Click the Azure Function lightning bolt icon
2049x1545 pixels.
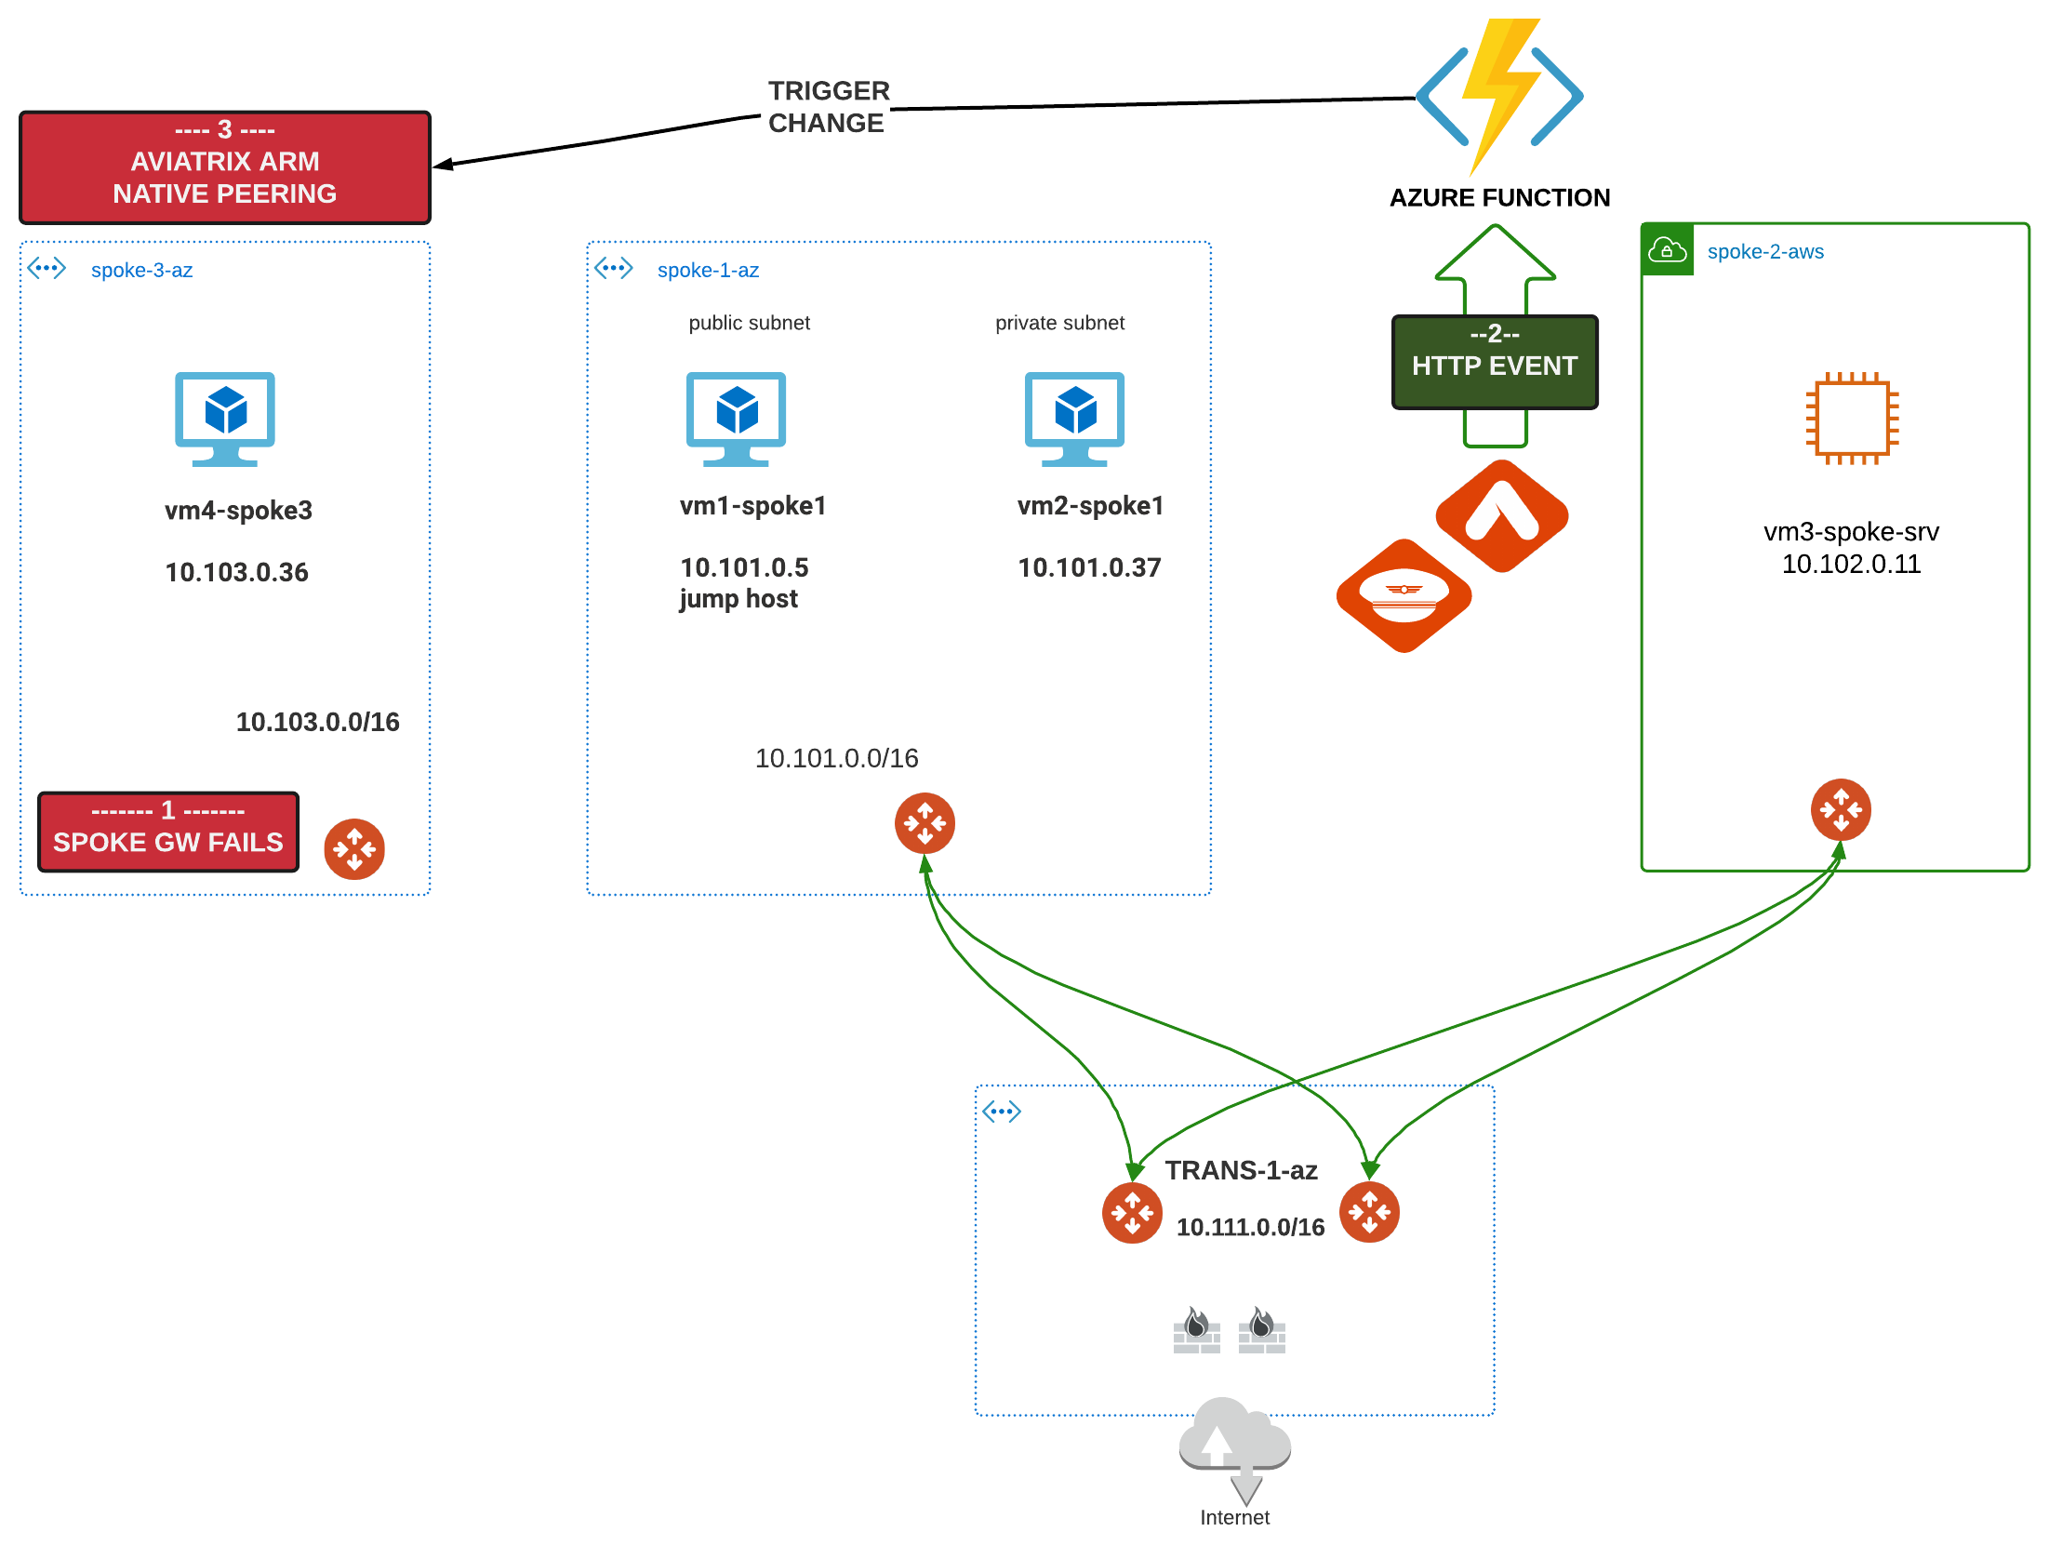[x=1499, y=97]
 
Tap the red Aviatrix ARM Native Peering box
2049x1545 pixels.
[x=225, y=167]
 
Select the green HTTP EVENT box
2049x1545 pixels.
[x=1495, y=362]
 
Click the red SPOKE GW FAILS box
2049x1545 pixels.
[x=168, y=832]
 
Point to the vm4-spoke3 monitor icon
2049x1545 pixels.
[x=225, y=419]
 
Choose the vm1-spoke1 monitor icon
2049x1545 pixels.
[x=736, y=419]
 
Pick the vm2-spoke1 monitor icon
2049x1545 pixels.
[x=1074, y=419]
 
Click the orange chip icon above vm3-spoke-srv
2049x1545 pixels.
[x=1852, y=419]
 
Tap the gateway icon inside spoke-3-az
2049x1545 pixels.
[x=354, y=849]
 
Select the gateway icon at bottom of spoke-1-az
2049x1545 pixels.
[x=925, y=823]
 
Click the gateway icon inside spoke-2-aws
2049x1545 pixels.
[x=1841, y=809]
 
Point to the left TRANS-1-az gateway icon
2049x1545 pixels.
[x=1132, y=1213]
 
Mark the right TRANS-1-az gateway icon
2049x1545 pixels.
[x=1369, y=1212]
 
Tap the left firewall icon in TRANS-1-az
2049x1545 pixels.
[x=1197, y=1330]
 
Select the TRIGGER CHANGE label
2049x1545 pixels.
[x=829, y=107]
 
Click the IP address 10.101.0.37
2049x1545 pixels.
[x=1089, y=567]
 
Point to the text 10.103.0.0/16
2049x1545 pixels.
[x=317, y=722]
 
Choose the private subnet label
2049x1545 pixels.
[x=1059, y=323]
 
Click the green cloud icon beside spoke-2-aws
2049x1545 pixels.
[x=1667, y=250]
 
